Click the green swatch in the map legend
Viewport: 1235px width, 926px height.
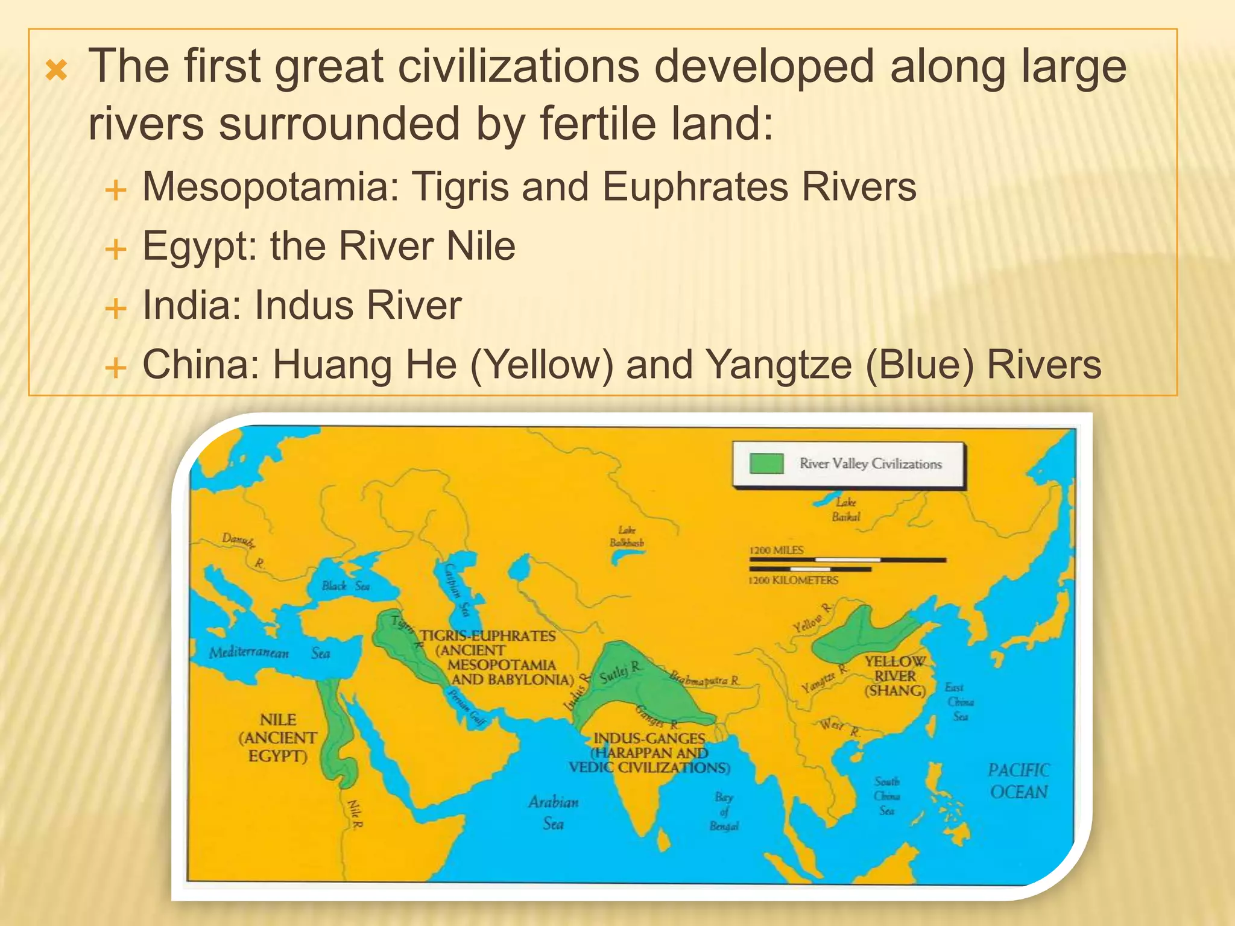click(x=766, y=464)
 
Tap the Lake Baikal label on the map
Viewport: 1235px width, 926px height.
click(x=846, y=509)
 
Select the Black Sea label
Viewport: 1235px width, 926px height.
click(x=346, y=585)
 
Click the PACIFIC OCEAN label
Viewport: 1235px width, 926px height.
click(x=1019, y=781)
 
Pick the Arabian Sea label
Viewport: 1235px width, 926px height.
click(x=553, y=812)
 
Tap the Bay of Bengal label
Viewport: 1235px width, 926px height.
click(x=724, y=811)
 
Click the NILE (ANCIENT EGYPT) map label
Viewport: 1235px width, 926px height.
click(x=278, y=737)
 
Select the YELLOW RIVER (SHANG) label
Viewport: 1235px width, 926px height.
click(x=895, y=676)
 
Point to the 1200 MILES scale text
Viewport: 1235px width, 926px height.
click(x=776, y=550)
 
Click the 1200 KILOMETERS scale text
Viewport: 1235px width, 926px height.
click(x=793, y=580)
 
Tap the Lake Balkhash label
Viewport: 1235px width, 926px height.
click(x=627, y=536)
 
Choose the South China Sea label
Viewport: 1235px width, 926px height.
click(x=887, y=796)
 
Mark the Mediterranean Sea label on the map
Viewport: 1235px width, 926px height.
click(x=269, y=653)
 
